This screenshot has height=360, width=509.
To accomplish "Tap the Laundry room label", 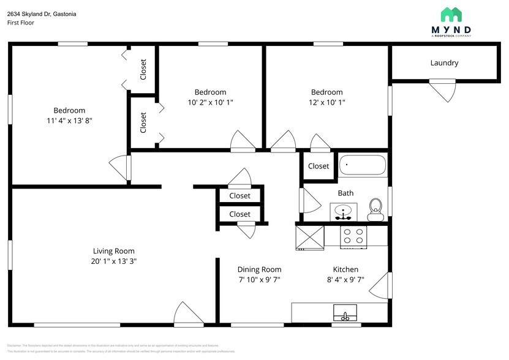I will click(x=444, y=62).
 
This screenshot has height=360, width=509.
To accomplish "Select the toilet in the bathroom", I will click(x=375, y=210).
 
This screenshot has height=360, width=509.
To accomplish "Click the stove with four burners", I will click(x=353, y=237).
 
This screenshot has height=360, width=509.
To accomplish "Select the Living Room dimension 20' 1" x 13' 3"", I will click(x=113, y=261).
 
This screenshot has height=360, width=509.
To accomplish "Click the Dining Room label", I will click(x=259, y=269).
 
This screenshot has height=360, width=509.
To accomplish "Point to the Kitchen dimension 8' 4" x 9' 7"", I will click(x=345, y=279).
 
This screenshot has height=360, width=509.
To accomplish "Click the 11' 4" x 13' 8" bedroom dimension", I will click(x=69, y=121).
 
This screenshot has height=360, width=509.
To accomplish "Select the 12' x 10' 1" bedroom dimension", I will click(x=326, y=102).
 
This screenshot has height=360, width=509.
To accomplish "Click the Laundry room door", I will click(x=442, y=91).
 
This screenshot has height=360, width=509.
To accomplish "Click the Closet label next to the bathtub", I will click(x=319, y=166).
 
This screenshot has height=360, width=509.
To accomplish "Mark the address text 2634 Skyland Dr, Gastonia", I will click(x=42, y=13).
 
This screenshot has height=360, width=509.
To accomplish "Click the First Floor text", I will click(x=21, y=23).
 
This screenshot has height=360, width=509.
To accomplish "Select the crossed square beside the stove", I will click(x=309, y=237).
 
